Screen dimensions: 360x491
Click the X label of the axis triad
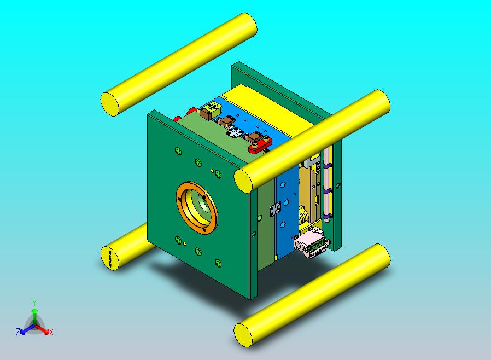(x=51, y=332)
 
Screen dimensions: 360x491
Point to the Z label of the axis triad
(x=18, y=332)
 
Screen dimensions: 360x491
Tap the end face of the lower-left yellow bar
(x=110, y=258)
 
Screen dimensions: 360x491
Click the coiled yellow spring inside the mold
(x=304, y=215)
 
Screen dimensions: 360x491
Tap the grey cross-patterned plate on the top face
(x=235, y=132)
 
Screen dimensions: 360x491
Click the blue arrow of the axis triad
(x=25, y=330)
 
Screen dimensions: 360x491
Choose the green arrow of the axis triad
(x=34, y=314)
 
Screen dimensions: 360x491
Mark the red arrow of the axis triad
(x=44, y=330)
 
